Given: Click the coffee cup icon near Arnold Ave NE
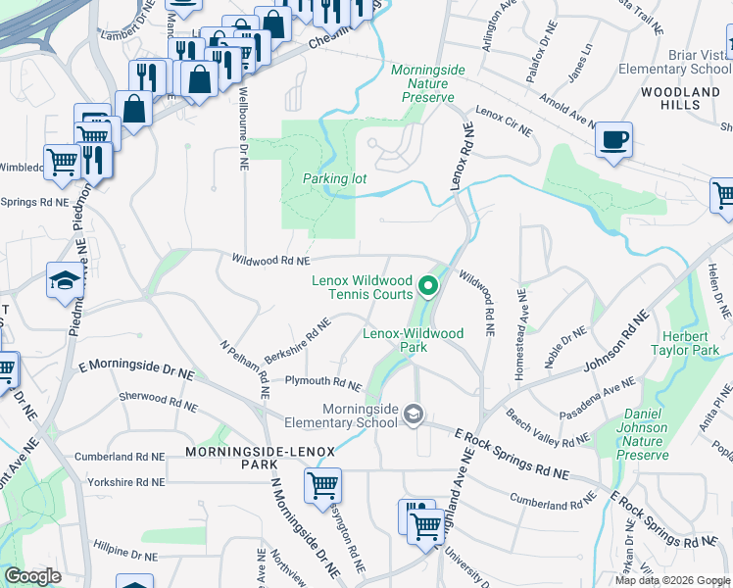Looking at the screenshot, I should point(613,139).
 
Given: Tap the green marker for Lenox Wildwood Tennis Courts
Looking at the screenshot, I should point(427,287).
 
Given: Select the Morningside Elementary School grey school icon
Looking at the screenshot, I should point(414,416).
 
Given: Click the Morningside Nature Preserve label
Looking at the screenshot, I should point(422,83).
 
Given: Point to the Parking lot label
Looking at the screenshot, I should point(334,179).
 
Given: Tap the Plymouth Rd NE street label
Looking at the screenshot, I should point(322,382).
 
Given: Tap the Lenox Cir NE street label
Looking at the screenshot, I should point(503,121).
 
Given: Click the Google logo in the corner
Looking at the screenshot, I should point(32,576).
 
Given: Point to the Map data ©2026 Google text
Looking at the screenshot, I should point(671,580).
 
